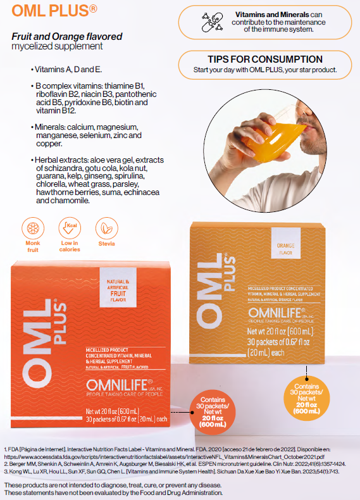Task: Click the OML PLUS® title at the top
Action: [54, 11]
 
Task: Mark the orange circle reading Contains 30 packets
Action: [214, 411]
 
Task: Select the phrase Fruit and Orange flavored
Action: [66, 37]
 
